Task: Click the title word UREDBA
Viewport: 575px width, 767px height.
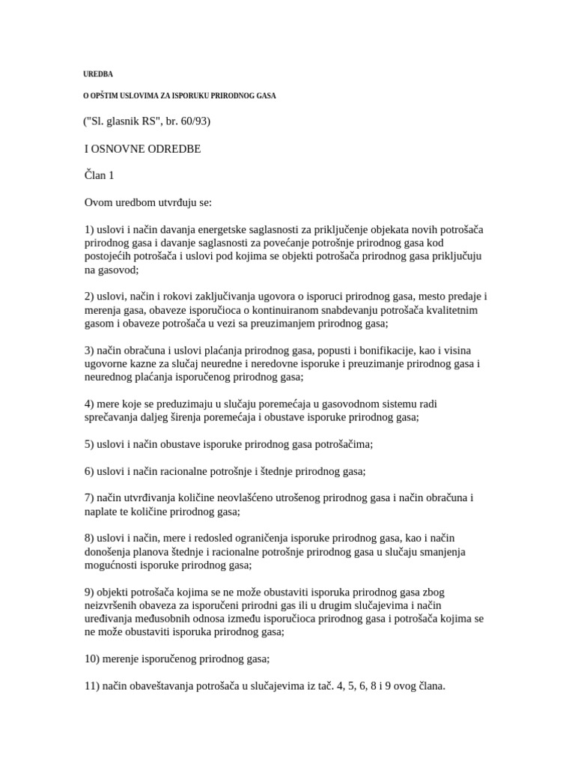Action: tap(97, 74)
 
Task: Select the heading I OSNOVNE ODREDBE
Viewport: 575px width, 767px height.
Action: tap(142, 148)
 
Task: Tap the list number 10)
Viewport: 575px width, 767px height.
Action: tap(92, 659)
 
